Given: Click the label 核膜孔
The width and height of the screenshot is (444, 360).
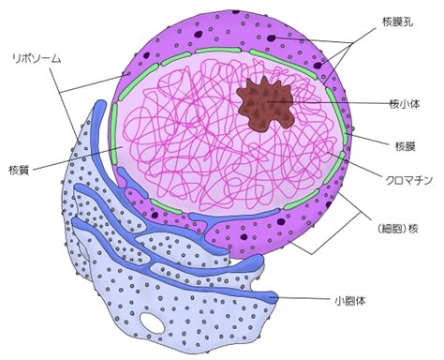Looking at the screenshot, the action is click(397, 22).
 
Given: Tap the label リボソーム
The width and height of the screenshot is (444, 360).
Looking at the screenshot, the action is click(37, 58).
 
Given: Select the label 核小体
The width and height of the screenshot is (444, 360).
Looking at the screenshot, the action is click(405, 103).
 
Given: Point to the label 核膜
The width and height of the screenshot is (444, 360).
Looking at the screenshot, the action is click(406, 146).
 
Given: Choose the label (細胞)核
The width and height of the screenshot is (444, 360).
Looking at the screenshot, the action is click(397, 229).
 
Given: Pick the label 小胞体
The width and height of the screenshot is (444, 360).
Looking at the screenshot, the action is click(349, 301).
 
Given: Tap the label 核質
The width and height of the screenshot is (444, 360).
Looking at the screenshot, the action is click(19, 170).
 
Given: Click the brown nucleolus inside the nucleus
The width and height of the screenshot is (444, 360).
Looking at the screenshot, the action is click(266, 103).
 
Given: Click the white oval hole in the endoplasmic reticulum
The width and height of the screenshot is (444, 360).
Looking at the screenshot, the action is click(152, 322).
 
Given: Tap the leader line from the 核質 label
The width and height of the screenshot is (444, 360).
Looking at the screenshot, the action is click(78, 158).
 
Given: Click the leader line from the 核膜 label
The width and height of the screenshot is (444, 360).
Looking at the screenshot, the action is click(369, 140).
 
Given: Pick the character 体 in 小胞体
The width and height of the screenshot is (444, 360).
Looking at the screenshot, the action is click(360, 301).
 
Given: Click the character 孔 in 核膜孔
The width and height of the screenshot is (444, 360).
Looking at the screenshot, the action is click(407, 22).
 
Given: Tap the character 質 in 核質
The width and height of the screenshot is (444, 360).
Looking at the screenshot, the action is click(24, 170).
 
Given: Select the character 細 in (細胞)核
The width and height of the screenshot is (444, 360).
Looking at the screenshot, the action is click(386, 229).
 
